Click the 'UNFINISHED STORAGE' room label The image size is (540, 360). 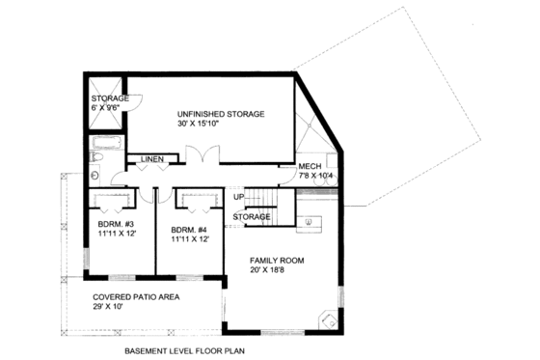(x=220, y=113)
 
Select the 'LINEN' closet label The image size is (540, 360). (x=151, y=158)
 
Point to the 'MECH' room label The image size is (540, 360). (x=310, y=167)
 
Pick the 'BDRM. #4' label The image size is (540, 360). (x=188, y=230)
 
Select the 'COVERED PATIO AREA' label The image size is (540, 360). (x=135, y=296)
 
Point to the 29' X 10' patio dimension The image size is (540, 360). (x=113, y=307)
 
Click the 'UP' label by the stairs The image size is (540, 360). (x=237, y=198)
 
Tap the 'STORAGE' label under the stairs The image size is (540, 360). (x=251, y=217)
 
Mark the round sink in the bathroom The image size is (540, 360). (x=96, y=176)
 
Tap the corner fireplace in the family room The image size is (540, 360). (x=328, y=321)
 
